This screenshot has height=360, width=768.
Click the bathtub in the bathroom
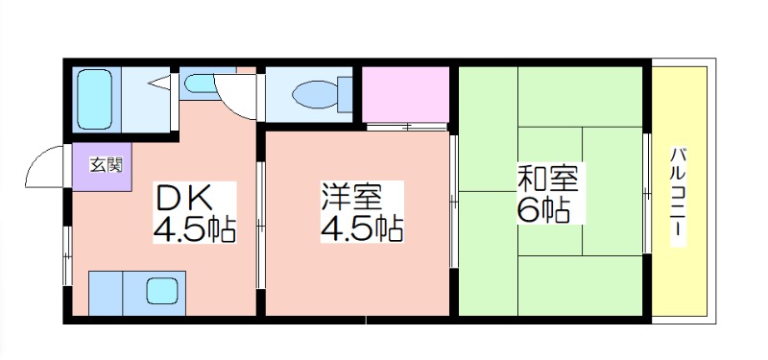point(94,99)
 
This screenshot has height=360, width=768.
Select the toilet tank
point(345,94)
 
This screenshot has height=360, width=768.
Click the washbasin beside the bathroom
point(200,84)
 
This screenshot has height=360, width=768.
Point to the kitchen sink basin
point(162,290)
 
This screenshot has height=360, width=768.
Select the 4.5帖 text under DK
point(195,228)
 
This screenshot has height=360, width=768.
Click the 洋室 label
point(350,197)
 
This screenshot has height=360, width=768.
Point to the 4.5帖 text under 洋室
point(362,228)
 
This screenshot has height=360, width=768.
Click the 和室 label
point(548,179)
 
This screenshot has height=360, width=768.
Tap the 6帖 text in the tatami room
point(543,209)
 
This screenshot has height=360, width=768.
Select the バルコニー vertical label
point(678,197)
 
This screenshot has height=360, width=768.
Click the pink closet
point(405,94)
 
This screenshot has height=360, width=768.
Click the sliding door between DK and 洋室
point(261,226)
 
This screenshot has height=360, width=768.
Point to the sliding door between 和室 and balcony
point(646,193)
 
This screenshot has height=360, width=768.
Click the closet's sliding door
point(406,127)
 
